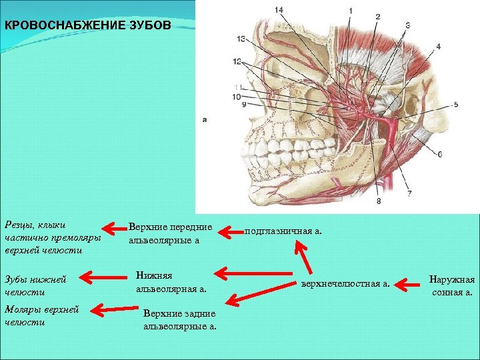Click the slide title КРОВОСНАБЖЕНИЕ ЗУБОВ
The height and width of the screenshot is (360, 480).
87,26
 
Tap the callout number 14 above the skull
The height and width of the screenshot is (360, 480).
278,9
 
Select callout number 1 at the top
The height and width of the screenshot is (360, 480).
350,11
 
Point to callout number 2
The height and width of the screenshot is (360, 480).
378,16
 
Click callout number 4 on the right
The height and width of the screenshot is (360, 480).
438,46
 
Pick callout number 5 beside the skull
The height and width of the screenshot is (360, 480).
456,105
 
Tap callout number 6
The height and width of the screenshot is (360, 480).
439,154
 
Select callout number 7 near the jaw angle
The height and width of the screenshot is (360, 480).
409,193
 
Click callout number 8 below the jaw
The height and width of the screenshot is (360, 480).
379,201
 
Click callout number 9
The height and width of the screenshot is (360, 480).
244,105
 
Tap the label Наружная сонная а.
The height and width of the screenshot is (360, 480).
452,285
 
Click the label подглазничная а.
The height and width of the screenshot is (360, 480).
283,231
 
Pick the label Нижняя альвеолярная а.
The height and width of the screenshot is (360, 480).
171,281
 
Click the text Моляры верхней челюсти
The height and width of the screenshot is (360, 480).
41,315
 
